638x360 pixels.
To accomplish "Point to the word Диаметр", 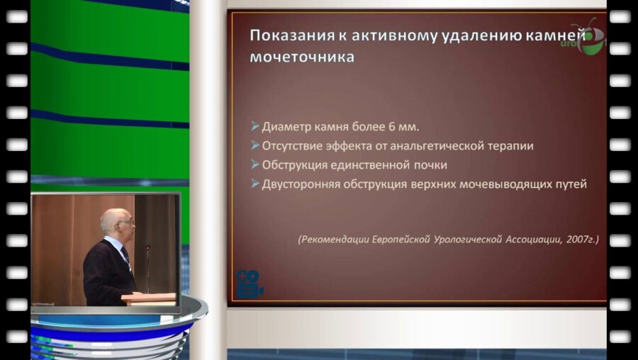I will [285, 128].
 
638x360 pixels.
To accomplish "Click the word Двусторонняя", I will [297, 184].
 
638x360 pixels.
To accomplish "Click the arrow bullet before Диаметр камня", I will [254, 128].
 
